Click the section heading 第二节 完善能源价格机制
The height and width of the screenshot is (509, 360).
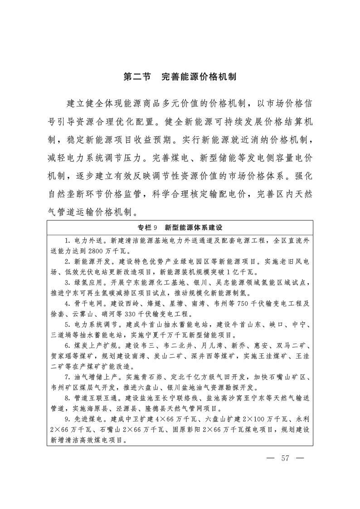(180, 77)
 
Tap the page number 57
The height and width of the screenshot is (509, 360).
(285, 458)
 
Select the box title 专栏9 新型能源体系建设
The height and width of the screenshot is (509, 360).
(180, 227)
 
